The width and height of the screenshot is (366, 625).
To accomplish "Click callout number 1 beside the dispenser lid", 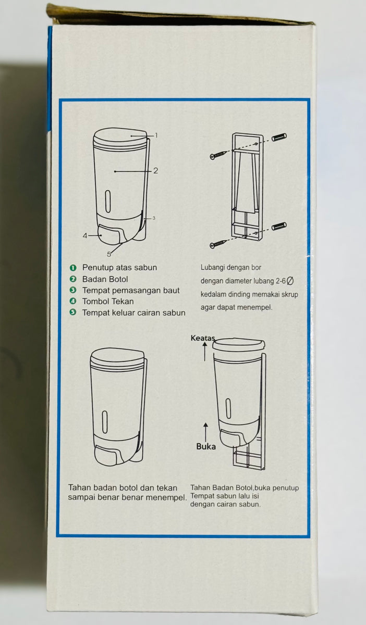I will [156, 135].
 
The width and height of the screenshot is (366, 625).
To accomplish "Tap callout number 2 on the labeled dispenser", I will [155, 170].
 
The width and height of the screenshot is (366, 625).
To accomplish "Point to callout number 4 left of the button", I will [85, 235].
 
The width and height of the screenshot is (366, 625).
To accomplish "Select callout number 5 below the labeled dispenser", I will [109, 254].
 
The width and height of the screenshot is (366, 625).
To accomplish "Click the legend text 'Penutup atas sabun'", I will [119, 267].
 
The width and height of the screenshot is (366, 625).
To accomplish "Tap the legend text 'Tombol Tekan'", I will [108, 301].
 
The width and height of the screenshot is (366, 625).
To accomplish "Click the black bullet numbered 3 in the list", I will [73, 290].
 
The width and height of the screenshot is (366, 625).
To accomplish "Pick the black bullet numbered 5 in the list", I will [73, 312].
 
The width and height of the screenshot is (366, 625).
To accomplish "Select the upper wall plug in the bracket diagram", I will [279, 137].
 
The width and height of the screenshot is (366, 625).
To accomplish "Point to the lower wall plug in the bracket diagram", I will [279, 226].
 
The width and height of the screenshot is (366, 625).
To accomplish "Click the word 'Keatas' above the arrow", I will [203, 338].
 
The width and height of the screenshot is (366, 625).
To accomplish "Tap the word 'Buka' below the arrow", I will [206, 446].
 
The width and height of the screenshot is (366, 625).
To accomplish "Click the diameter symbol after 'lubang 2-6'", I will [290, 281].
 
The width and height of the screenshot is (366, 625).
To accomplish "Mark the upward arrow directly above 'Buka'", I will [206, 431].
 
